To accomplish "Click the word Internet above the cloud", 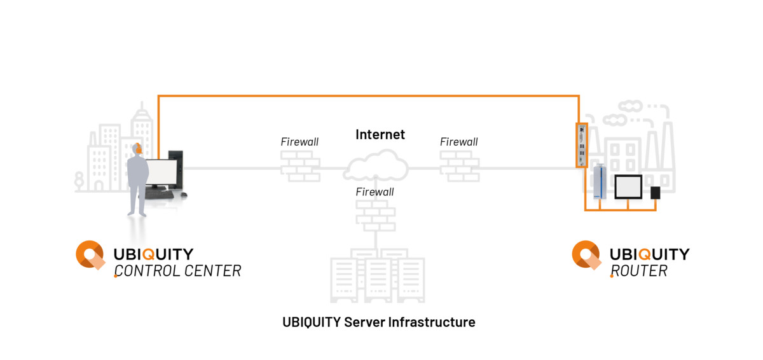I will coord(380,135).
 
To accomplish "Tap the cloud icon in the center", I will coord(376,166).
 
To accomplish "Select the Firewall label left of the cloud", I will coord(299,142).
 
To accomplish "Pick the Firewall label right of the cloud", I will coord(458,142).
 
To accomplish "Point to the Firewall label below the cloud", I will coord(375,192).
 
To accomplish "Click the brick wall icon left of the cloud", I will coord(300,167).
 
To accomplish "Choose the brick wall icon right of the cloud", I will coord(459,167).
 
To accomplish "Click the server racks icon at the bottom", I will coord(376,280).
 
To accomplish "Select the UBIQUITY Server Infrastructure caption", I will coord(378,322).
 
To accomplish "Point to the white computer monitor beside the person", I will coord(162,172).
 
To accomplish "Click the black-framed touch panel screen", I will coord(628,186).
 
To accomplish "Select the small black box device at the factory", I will coord(655,193).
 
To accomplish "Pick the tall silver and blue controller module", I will coord(599,183).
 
